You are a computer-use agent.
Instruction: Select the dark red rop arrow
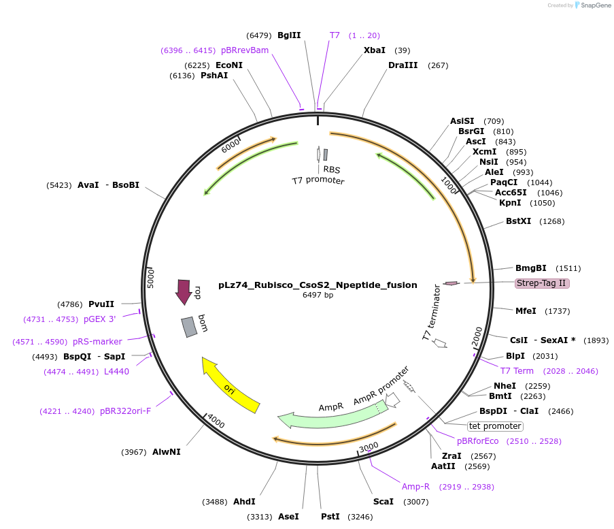point(184,291)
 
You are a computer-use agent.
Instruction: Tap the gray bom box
point(190,327)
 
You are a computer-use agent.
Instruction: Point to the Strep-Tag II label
point(541,283)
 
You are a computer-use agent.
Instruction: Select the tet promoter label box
point(495,426)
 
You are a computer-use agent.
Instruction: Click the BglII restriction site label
point(289,35)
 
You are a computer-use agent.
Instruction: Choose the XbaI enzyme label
point(375,50)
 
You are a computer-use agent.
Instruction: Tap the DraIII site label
point(403,65)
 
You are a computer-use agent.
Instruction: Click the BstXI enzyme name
point(519,221)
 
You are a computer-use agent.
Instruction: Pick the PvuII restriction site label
point(101,304)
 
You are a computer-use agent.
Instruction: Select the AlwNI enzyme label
point(167,452)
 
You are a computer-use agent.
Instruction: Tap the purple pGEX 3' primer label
point(100,319)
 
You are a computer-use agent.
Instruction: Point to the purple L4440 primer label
point(117,371)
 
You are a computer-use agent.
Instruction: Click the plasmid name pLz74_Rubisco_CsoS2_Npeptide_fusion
point(318,285)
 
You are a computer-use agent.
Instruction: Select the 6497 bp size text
point(318,295)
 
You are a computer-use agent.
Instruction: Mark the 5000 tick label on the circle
point(152,278)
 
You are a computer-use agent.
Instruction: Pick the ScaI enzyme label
point(383,502)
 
